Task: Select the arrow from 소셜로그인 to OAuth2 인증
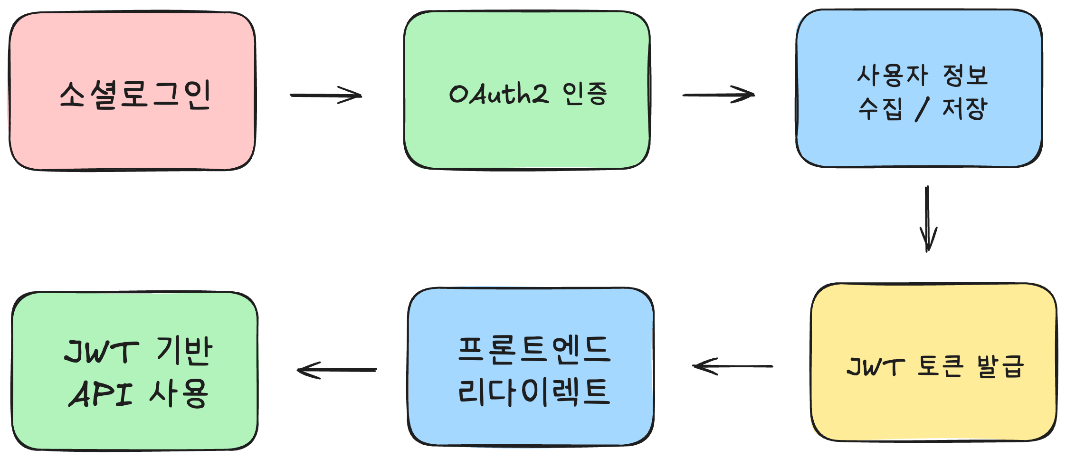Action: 326,95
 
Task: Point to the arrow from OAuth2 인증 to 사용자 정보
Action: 718,95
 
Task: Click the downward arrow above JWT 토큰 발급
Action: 927,219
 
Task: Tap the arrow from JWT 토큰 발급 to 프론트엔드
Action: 733,366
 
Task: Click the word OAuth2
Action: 498,93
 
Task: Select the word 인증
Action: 585,94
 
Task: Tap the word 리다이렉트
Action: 533,392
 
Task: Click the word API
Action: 101,394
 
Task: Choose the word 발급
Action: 1000,366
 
